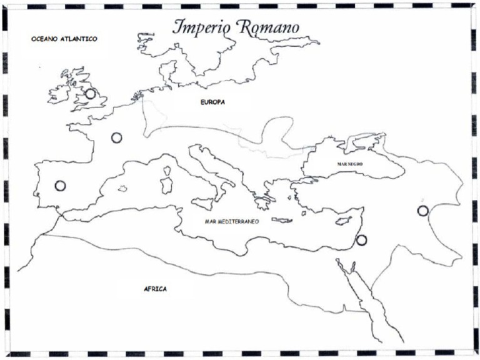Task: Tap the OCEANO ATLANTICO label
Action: [x=64, y=39]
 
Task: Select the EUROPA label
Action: [x=212, y=101]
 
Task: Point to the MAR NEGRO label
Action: [x=350, y=164]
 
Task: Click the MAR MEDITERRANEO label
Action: [x=232, y=221]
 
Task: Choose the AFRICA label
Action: [x=155, y=289]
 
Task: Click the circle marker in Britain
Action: [x=91, y=94]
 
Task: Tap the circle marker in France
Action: [x=116, y=137]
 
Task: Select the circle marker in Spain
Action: [x=60, y=186]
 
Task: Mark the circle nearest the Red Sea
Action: [x=361, y=240]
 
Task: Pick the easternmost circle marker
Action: [x=423, y=211]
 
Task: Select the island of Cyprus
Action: [x=343, y=222]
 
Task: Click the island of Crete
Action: [x=282, y=221]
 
